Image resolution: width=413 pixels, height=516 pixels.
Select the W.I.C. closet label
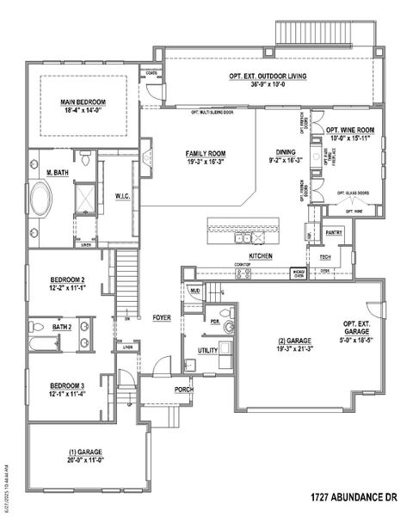122,196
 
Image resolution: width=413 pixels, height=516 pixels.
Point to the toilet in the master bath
86,160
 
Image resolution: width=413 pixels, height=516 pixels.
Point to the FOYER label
162,317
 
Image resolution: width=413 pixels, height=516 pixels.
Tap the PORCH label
160,389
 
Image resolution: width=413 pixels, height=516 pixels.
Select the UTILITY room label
207,350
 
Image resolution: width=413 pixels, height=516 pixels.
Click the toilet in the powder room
228,328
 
